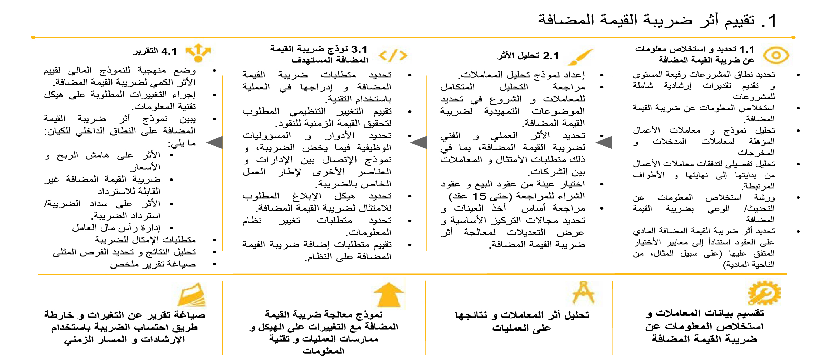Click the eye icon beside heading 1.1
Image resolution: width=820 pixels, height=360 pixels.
(x=776, y=56)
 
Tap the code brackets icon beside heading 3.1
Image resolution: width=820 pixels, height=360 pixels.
(x=393, y=55)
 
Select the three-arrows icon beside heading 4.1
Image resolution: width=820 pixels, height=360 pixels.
(x=198, y=52)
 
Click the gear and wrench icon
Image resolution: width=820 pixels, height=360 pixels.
(x=764, y=293)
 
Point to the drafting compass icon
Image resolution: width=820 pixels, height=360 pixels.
(x=583, y=293)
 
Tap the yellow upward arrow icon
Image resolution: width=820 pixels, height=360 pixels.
(x=389, y=295)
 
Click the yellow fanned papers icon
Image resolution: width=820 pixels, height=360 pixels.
(x=192, y=295)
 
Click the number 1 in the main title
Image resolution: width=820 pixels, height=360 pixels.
(x=772, y=21)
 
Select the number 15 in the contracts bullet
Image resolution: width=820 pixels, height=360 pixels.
(x=479, y=196)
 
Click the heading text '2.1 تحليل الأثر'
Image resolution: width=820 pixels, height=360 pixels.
(x=528, y=56)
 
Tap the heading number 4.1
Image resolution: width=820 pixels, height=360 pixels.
(x=169, y=51)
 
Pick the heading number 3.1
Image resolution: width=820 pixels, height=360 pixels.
(x=359, y=49)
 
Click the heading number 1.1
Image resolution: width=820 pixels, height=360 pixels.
(x=747, y=49)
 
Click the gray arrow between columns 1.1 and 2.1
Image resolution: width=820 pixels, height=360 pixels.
(x=604, y=143)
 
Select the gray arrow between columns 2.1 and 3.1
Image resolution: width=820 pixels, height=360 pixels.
(x=419, y=143)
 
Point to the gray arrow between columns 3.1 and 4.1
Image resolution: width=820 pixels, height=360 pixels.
(x=215, y=143)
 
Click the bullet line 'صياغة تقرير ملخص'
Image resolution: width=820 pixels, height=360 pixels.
(x=153, y=264)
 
